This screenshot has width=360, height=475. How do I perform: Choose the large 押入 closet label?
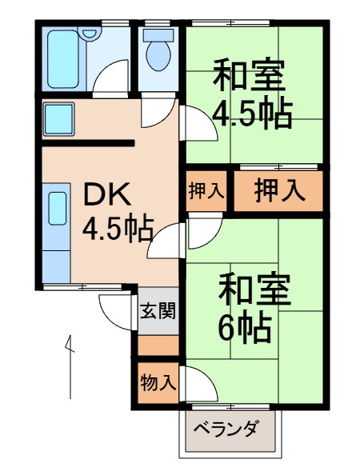pyautogui.click(x=279, y=190)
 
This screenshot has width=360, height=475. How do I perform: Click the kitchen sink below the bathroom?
pyautogui.click(x=60, y=118)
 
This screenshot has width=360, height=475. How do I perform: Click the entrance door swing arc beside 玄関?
pyautogui.click(x=114, y=305)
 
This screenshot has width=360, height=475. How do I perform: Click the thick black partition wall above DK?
pyautogui.click(x=88, y=144)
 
